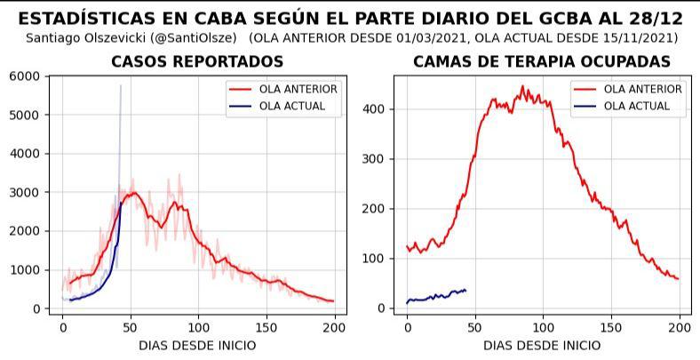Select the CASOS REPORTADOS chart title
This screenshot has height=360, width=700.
[197, 61]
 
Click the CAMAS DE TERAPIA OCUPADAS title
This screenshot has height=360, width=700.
[542, 61]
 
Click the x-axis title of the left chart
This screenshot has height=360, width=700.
[198, 345]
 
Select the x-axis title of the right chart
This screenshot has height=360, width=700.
[542, 345]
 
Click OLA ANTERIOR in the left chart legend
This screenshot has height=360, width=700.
[298, 90]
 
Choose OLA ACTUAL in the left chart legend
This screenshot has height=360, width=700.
[292, 107]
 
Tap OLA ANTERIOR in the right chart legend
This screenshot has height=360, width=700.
[642, 90]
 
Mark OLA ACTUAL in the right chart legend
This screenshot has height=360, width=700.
[636, 107]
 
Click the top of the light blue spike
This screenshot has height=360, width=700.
[121, 85]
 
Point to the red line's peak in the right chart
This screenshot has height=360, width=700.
[522, 87]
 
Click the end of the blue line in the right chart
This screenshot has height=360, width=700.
[465, 290]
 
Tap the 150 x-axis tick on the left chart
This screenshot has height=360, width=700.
[266, 327]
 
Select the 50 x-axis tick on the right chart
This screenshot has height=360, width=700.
[474, 327]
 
